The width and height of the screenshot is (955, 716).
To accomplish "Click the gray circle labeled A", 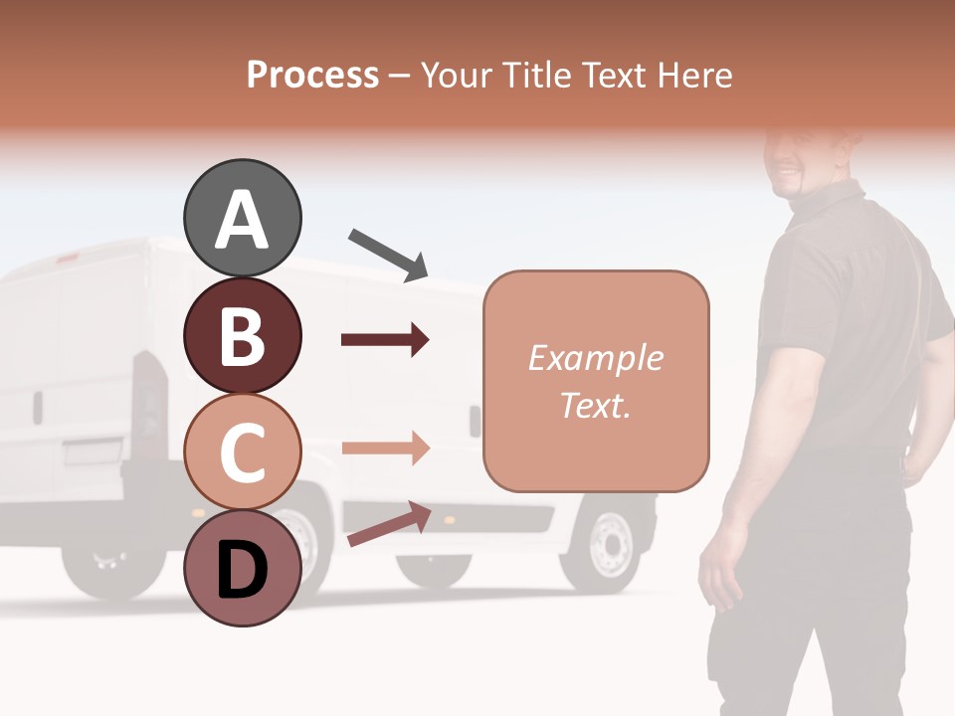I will click(x=242, y=218).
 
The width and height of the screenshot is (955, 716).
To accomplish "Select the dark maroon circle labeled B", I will click(x=242, y=336).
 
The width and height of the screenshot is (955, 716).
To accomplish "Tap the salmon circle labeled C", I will click(x=242, y=452).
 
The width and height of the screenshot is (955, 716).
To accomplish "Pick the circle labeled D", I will click(x=242, y=568).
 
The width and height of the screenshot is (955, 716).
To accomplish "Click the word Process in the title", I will click(x=312, y=75).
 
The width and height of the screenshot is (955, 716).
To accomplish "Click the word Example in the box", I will click(x=595, y=358).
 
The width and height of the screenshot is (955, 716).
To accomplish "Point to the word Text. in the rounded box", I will click(x=595, y=405).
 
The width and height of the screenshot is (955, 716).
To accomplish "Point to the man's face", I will click(x=804, y=160).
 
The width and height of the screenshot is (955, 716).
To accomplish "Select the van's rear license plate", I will click(x=91, y=452).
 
